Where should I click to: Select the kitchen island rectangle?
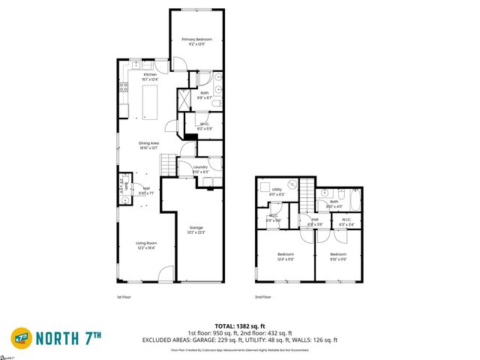(150, 101)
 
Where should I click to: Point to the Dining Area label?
(148, 145)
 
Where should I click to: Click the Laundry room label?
(200, 169)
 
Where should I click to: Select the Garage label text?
(196, 229)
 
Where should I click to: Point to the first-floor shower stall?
(184, 98)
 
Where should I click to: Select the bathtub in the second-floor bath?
(352, 200)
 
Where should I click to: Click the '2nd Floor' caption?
(263, 297)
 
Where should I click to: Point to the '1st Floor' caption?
(124, 297)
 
